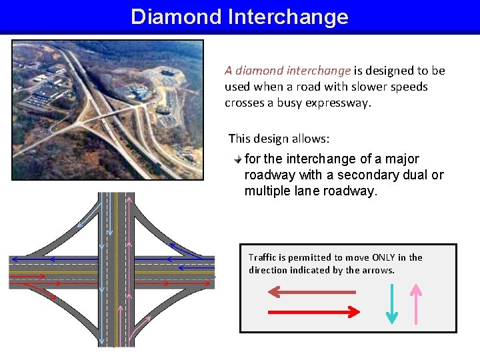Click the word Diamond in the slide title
[175, 17]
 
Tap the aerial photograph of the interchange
[107, 109]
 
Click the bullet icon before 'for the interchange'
[238, 159]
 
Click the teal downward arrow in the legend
[392, 303]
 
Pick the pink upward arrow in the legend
[416, 303]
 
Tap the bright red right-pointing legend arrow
[313, 311]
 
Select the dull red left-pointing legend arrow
[311, 291]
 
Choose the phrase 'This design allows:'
[279, 139]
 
